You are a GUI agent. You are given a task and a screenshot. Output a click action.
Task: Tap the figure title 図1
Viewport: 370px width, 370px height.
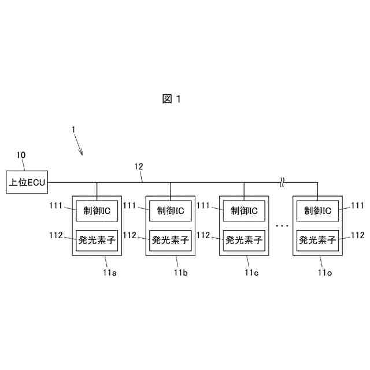(172, 99)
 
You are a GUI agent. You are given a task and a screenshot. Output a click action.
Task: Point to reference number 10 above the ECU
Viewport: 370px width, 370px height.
(21, 155)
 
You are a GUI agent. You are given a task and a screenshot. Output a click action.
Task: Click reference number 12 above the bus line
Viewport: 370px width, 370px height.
(139, 168)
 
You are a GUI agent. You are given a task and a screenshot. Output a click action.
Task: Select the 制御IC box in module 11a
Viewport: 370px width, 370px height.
(97, 211)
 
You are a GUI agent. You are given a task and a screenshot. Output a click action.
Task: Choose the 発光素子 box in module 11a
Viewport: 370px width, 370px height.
(97, 238)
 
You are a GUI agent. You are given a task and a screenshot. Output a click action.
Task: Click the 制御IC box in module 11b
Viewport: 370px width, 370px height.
(170, 211)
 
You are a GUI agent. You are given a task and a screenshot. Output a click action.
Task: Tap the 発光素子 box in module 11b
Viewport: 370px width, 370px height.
(170, 238)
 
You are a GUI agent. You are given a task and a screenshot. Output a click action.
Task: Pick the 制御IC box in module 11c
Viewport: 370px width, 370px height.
(244, 211)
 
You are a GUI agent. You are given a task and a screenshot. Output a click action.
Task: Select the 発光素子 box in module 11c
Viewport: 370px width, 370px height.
(244, 238)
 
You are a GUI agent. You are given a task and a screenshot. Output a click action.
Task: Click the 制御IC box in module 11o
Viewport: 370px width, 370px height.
(317, 211)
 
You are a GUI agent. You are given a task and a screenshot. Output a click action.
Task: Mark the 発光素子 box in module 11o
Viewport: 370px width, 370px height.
(317, 238)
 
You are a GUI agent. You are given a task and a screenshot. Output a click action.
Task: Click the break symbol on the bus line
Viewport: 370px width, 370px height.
(281, 183)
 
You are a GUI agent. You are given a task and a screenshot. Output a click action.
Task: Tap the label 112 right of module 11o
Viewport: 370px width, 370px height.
(358, 235)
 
